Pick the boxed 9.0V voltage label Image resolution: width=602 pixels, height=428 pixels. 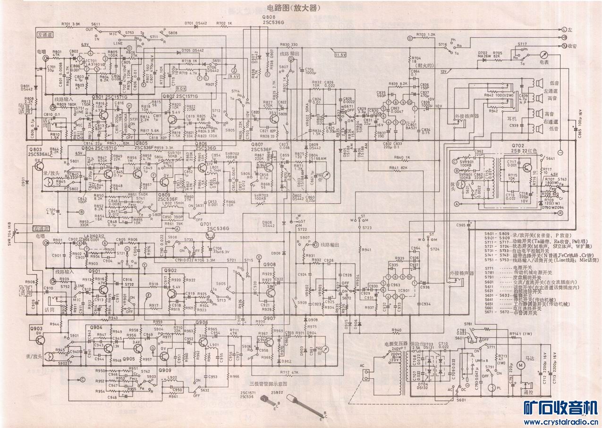pos(181,88)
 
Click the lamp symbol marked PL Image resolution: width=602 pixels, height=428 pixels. pos(492,388)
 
